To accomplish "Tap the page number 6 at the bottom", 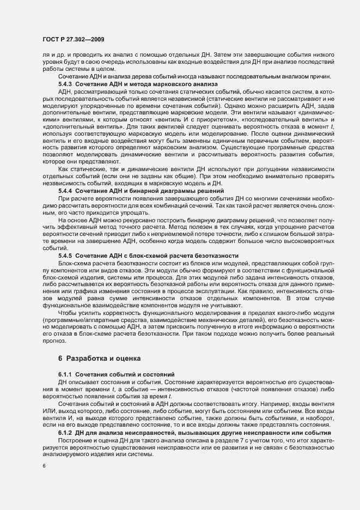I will point(44,466).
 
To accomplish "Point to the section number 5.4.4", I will point(65,191).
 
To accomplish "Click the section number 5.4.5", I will point(65,255).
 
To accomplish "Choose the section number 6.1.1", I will point(65,375).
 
